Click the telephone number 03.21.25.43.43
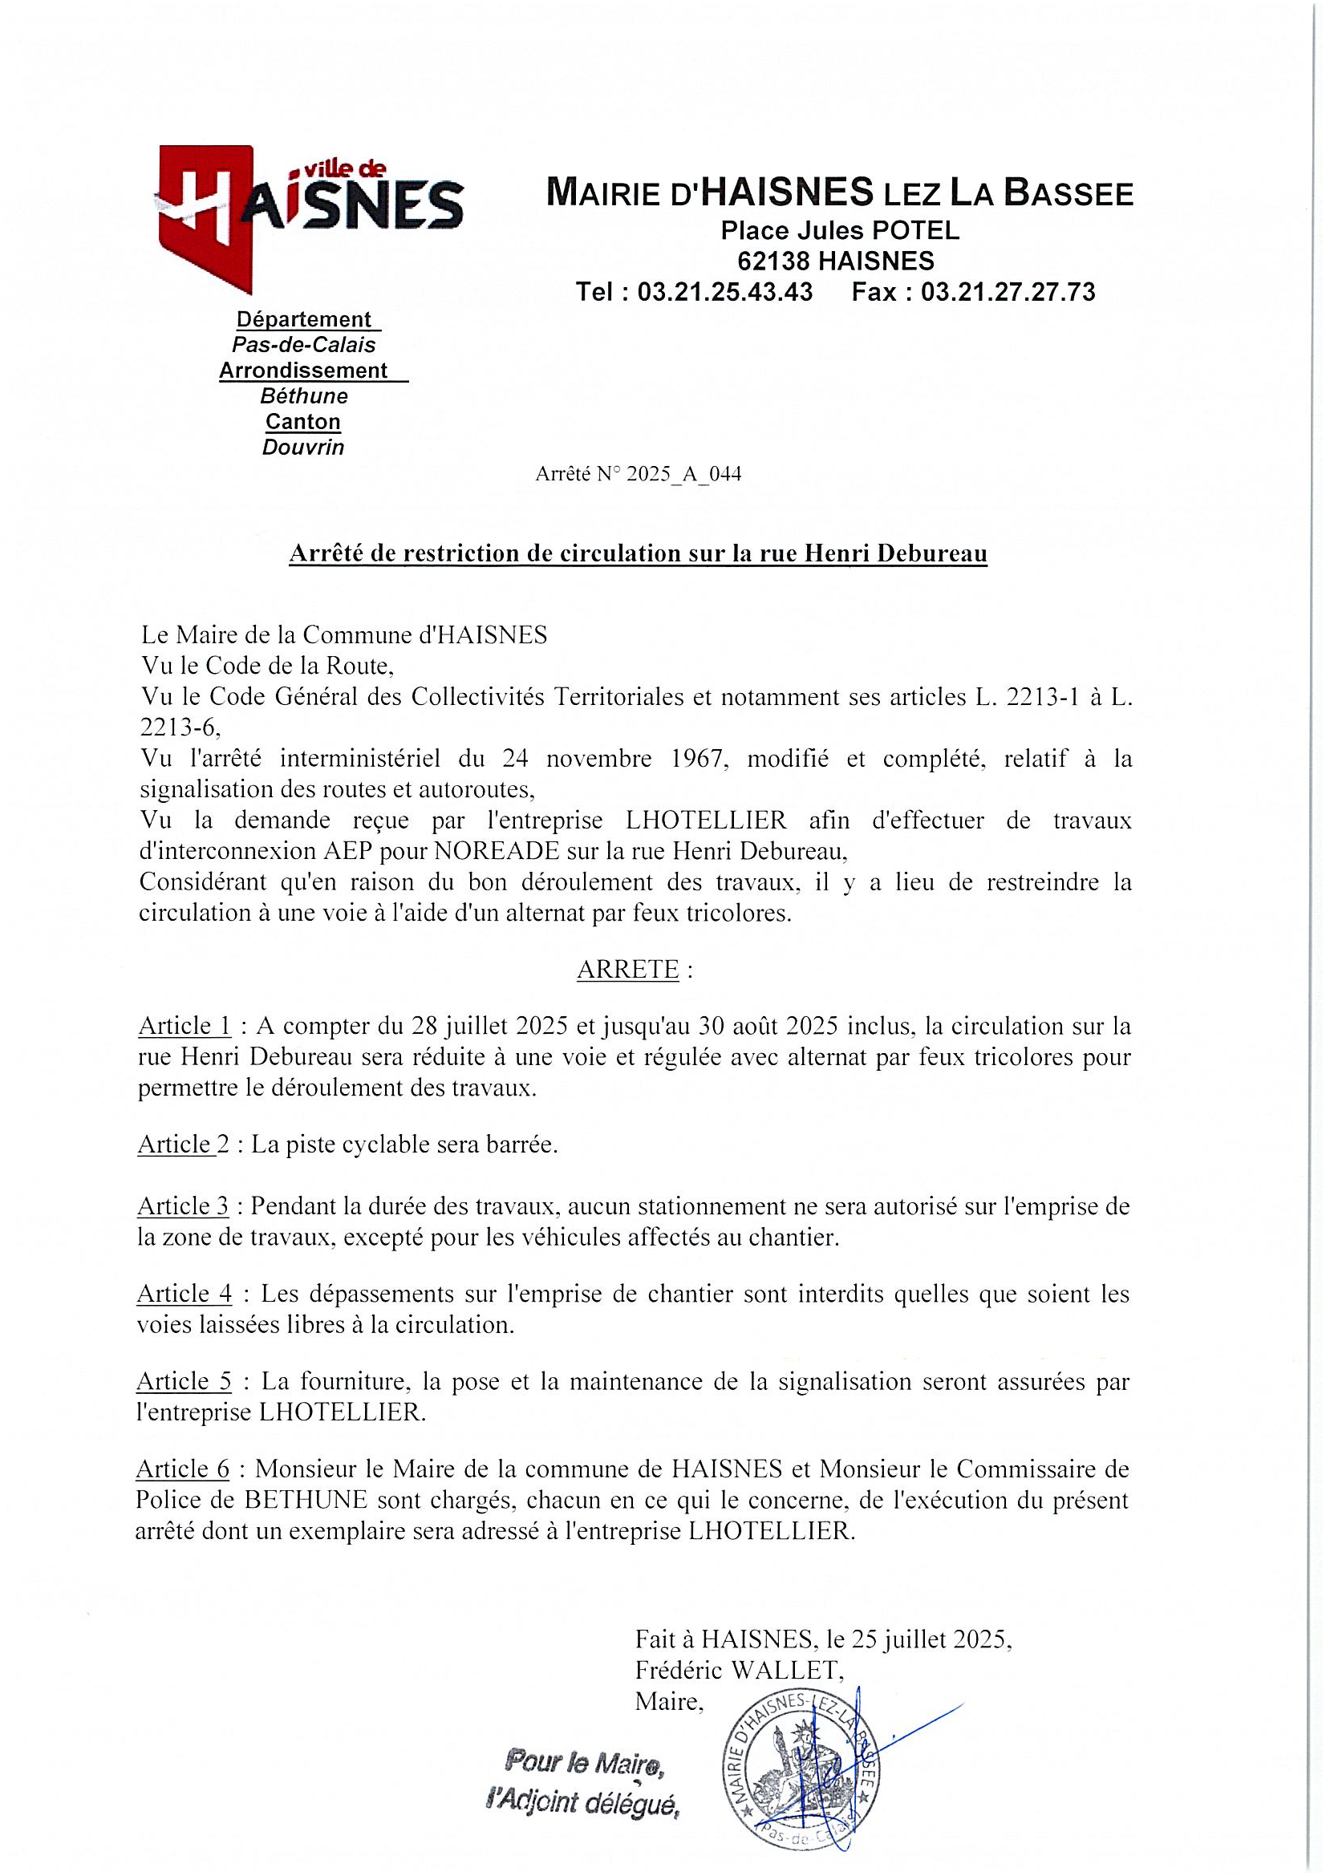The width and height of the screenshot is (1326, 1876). pos(724,292)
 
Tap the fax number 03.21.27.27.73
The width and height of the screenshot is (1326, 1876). pos(1008,292)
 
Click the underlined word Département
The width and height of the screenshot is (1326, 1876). pos(303,318)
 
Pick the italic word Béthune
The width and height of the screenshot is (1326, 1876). pos(304,396)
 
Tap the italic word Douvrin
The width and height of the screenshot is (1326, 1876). pos(303,448)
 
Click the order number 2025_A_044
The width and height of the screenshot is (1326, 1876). pos(683,475)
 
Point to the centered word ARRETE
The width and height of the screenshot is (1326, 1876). pos(627,969)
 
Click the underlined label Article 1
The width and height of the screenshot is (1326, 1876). pos(185,1026)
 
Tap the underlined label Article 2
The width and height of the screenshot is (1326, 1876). pos(184,1145)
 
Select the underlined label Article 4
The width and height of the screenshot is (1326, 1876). pos(185,1294)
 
